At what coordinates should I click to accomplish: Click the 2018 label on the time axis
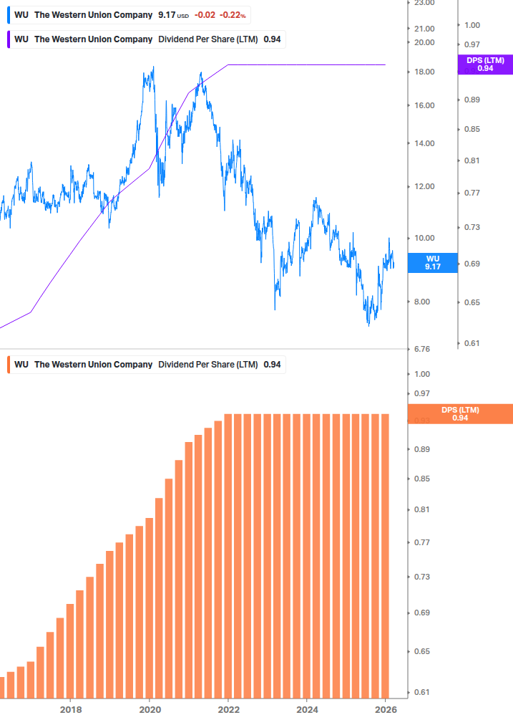[x=70, y=709]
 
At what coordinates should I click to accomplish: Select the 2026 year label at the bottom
[x=385, y=709]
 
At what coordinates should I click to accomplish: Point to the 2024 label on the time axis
[x=306, y=709]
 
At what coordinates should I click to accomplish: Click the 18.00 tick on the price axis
[x=424, y=72]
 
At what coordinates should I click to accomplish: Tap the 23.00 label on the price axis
[x=424, y=3]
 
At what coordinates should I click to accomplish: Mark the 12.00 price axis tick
[x=424, y=187]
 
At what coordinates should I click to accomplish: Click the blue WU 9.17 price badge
[x=432, y=262]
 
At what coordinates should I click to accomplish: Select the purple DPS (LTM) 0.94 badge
[x=485, y=64]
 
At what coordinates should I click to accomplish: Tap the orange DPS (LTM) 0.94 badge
[x=460, y=413]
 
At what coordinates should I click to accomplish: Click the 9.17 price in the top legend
[x=167, y=15]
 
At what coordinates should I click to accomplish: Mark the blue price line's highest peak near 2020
[x=153, y=68]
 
